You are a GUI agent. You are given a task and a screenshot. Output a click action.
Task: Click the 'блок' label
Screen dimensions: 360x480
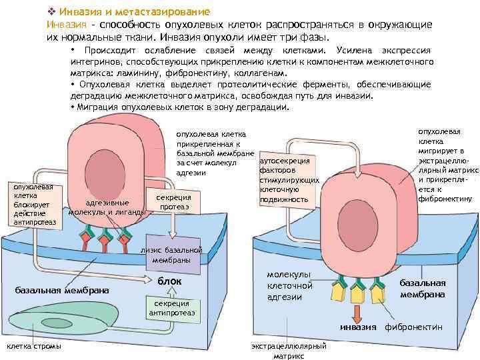[x=169, y=282]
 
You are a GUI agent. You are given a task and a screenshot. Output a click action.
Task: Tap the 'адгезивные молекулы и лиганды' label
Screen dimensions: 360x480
[x=107, y=208]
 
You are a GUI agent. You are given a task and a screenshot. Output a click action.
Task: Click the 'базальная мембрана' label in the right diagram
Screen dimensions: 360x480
[x=423, y=289]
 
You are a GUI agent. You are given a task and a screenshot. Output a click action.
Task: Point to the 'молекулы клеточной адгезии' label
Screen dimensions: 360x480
[x=289, y=285]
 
